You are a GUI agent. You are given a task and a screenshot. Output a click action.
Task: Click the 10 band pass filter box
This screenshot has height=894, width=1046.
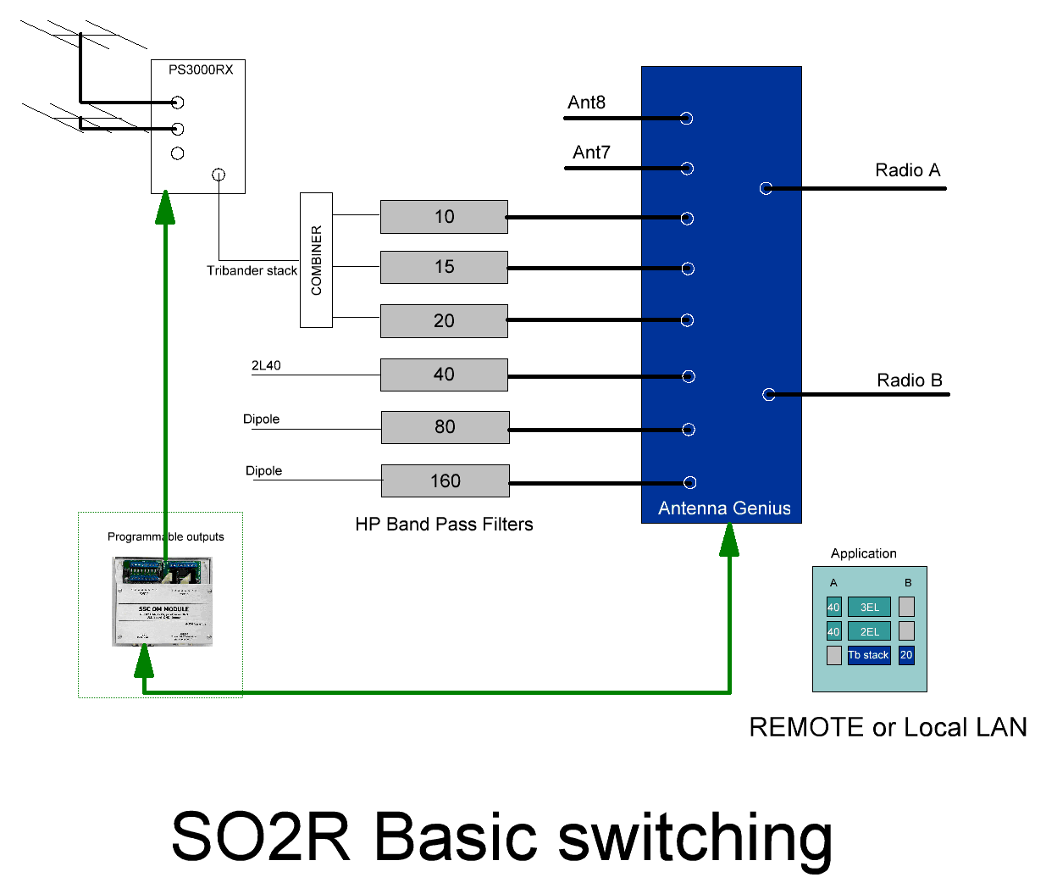(x=444, y=217)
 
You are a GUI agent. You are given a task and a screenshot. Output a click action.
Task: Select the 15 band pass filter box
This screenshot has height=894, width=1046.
(x=444, y=267)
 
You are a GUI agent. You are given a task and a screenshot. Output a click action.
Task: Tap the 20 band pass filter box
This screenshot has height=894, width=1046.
(x=444, y=321)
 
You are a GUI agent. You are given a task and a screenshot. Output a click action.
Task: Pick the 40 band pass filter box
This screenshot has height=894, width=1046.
(x=444, y=375)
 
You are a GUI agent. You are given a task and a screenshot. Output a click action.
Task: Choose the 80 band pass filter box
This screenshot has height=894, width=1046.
(x=445, y=427)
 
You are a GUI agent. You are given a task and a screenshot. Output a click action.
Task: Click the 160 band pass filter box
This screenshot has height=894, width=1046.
(x=445, y=481)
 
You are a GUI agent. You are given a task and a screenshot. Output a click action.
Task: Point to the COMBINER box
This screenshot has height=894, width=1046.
(x=316, y=260)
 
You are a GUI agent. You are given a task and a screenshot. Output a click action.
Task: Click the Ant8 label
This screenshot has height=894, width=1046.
(x=586, y=103)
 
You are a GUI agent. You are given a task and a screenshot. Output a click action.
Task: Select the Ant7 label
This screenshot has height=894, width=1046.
(x=591, y=153)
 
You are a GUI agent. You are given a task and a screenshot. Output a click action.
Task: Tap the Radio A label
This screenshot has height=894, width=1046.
(x=907, y=170)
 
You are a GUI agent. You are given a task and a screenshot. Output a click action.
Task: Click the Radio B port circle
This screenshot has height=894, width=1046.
(x=768, y=394)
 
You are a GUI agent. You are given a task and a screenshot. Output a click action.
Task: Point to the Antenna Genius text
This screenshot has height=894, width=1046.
(x=724, y=508)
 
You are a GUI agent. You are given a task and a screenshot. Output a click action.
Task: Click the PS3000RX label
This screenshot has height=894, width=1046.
(x=200, y=69)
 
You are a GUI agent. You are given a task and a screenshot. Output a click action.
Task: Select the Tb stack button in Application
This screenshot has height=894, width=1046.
(x=869, y=655)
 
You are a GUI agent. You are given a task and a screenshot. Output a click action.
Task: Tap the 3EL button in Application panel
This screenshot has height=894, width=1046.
(x=869, y=607)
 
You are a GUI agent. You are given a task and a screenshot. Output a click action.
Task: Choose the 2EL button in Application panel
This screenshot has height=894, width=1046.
(x=869, y=631)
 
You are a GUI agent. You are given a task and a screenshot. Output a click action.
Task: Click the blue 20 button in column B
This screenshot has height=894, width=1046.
(x=906, y=655)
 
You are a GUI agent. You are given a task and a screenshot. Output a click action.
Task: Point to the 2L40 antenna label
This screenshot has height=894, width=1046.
(x=266, y=365)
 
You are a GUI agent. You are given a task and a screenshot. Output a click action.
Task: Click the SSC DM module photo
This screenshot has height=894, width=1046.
(x=163, y=602)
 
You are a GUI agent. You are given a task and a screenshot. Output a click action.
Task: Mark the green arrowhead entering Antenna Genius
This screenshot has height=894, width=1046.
(x=729, y=539)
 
